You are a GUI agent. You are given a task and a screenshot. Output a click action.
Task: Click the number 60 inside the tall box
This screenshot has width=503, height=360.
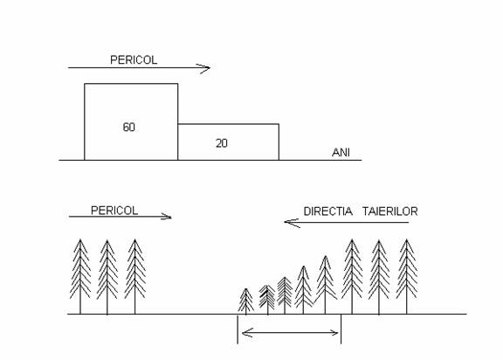pyautogui.click(x=128, y=127)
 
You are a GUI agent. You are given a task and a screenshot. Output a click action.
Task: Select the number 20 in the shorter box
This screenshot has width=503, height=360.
pyautogui.click(x=221, y=143)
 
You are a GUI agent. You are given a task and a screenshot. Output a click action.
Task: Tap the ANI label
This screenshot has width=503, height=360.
pyautogui.click(x=341, y=152)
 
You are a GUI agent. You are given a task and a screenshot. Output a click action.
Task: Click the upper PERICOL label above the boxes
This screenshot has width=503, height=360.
pyautogui.click(x=134, y=60)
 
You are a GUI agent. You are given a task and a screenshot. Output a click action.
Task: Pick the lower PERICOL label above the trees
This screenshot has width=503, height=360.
pyautogui.click(x=114, y=211)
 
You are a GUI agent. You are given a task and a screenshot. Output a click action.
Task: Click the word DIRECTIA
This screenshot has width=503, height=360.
pyautogui.click(x=327, y=211)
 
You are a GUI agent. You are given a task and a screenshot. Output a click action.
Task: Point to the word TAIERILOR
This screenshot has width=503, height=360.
pyautogui.click(x=390, y=211)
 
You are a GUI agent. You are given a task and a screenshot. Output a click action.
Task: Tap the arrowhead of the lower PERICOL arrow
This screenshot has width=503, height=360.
pyautogui.click(x=167, y=217)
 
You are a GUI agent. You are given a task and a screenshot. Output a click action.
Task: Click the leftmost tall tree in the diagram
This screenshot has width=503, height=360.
pyautogui.click(x=80, y=276)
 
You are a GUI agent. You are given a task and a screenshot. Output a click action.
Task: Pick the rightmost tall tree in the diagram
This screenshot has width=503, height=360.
pyautogui.click(x=406, y=276)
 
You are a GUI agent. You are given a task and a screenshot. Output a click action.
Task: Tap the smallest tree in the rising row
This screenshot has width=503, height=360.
pyautogui.click(x=245, y=301)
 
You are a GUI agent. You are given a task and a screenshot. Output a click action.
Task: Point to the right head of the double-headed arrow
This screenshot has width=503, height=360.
pyautogui.click(x=334, y=333)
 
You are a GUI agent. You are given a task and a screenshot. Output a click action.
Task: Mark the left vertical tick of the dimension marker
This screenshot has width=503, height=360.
pyautogui.click(x=238, y=329)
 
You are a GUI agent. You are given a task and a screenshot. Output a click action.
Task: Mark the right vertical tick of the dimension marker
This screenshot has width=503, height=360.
pyautogui.click(x=341, y=329)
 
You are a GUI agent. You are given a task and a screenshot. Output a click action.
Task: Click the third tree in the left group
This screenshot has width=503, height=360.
pyautogui.click(x=134, y=276)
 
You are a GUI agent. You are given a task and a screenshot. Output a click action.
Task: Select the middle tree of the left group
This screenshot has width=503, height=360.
pyautogui.click(x=107, y=277)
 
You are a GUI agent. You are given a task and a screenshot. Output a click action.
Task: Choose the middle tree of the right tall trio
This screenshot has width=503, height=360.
pyautogui.click(x=379, y=277)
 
